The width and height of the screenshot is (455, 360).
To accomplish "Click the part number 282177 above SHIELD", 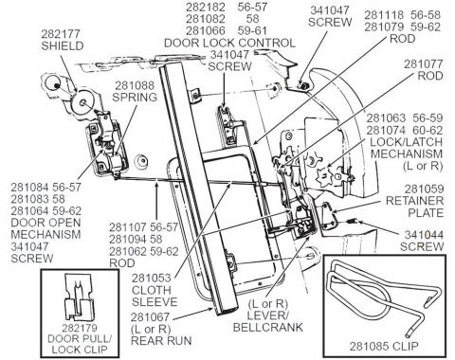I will coord(64,33).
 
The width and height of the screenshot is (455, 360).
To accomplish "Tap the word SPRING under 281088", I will coord(136,98).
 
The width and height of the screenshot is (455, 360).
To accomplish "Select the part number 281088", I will coord(136,85).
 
